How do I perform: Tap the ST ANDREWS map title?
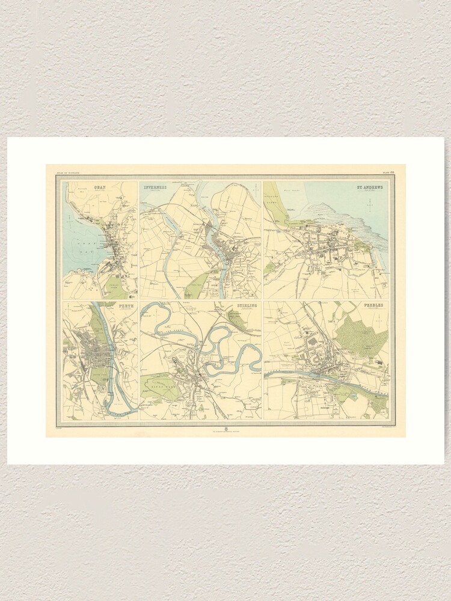pos(370,187)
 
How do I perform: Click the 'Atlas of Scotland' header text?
pos(67,172)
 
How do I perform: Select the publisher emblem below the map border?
pos(226,429)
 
